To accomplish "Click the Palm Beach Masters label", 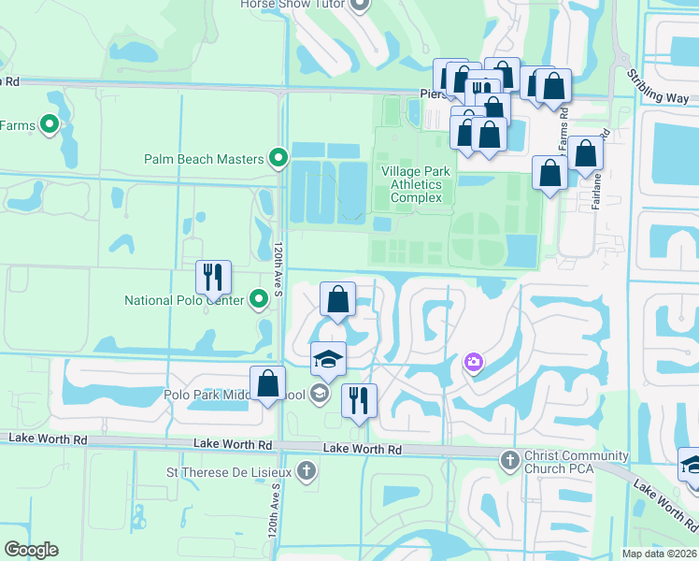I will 204,159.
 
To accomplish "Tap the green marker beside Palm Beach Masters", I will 278,159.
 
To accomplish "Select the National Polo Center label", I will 184,300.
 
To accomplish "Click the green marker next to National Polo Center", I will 259,300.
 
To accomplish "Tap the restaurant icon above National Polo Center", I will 213,277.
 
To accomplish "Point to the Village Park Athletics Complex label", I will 416,184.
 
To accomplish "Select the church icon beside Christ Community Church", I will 509,459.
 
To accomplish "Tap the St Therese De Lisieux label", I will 228,471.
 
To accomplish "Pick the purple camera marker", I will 474,362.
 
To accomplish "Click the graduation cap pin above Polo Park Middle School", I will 328,359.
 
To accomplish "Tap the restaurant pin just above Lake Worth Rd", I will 359,400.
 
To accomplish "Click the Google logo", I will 31,550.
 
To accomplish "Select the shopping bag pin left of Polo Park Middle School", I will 268,384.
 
